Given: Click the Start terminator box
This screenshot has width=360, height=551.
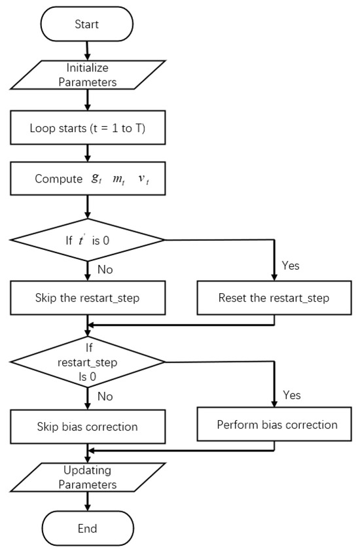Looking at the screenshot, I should (x=87, y=24).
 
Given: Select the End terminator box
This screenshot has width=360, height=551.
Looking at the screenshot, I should (x=87, y=528).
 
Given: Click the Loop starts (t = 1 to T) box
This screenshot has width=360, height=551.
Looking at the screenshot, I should (x=87, y=128).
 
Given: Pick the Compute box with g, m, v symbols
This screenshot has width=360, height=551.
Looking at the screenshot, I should (x=87, y=179).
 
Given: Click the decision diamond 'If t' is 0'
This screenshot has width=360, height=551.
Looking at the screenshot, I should (x=87, y=240).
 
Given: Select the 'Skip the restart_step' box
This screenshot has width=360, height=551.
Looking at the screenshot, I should (x=87, y=298).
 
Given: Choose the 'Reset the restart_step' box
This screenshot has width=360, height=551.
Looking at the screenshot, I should (x=274, y=298).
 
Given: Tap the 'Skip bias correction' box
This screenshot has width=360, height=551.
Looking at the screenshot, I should (x=87, y=427).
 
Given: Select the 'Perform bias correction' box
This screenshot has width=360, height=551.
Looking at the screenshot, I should (x=277, y=425).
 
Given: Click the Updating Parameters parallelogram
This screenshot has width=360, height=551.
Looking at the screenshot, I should (x=87, y=477).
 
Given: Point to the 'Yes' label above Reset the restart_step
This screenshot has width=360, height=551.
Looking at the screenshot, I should (x=291, y=266).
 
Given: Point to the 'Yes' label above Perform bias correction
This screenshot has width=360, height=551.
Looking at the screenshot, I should (x=292, y=395).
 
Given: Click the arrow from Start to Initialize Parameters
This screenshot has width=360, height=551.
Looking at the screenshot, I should (x=87, y=50).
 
